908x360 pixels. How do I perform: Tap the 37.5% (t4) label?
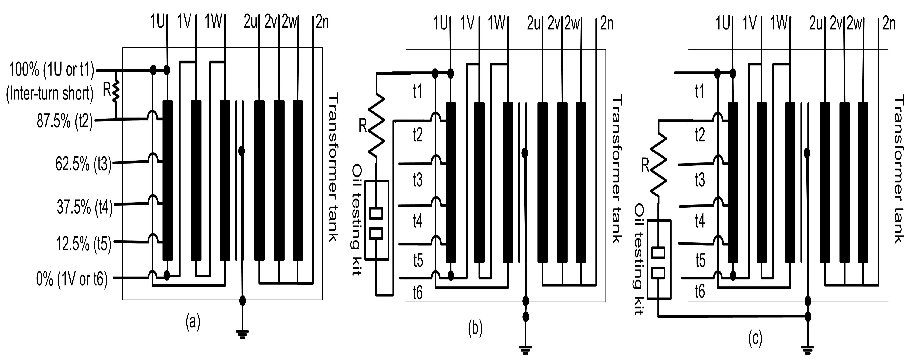85,207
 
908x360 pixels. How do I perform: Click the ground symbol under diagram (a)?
242,334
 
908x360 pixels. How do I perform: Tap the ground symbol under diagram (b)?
525,350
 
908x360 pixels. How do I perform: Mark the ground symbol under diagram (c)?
808,350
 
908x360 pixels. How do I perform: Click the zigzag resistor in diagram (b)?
377,125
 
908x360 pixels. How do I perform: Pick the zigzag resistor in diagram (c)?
658,165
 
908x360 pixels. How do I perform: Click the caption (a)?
193,322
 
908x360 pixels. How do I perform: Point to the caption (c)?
755,338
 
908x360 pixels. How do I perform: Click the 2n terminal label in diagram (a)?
322,23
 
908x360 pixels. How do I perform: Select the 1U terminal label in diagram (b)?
440,23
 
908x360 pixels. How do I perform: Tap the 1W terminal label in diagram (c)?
779,23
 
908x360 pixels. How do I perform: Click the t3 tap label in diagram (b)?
418,180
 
